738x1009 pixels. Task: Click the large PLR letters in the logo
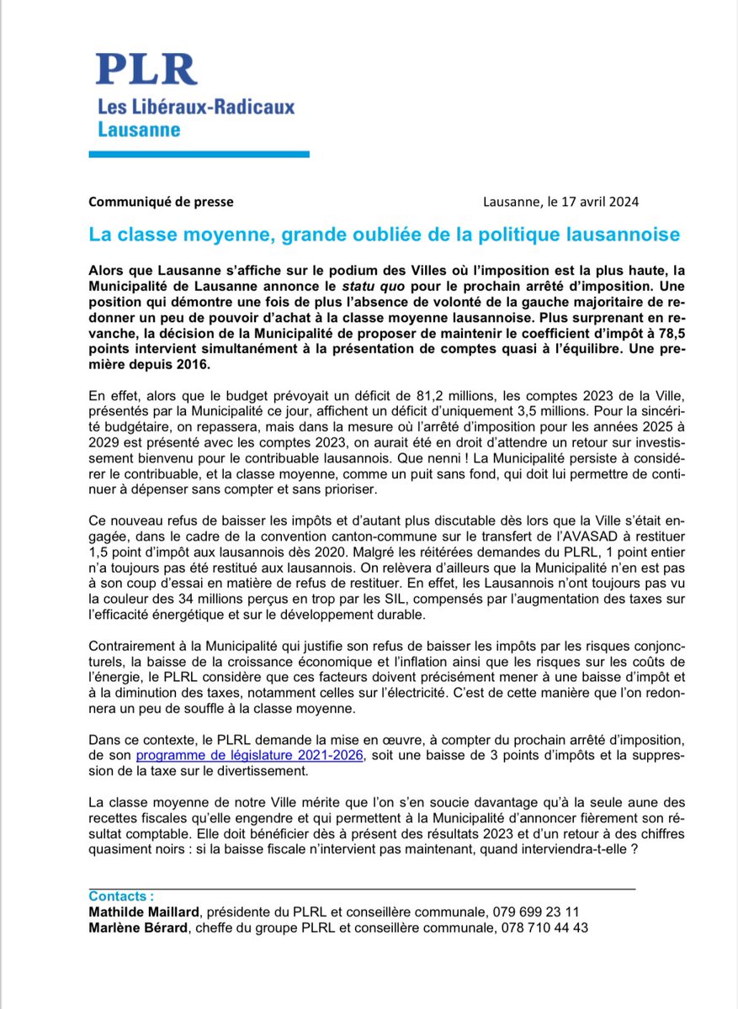click(x=146, y=69)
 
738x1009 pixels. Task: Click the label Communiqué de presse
click(x=162, y=202)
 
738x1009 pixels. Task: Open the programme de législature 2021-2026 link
click(x=249, y=756)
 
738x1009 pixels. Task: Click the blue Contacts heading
click(x=121, y=896)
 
